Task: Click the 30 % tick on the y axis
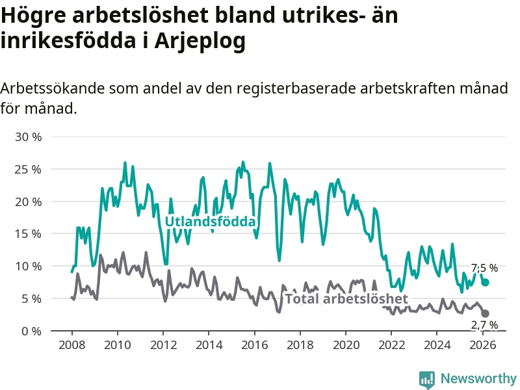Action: pos(28,137)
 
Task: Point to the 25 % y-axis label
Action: pos(28,170)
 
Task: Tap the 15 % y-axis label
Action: pos(28,234)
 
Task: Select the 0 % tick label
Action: pos(31,331)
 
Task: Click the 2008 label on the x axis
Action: pos(71,344)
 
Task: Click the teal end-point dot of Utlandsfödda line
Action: pos(485,282)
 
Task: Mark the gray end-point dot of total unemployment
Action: pos(485,313)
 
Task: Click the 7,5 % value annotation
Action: pos(484,268)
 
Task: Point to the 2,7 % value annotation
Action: pos(484,325)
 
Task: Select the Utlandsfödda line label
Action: pos(211,222)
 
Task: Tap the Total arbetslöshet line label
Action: pos(346,299)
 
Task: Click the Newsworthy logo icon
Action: pos(427,378)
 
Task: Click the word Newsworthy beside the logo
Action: pos(478,378)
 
